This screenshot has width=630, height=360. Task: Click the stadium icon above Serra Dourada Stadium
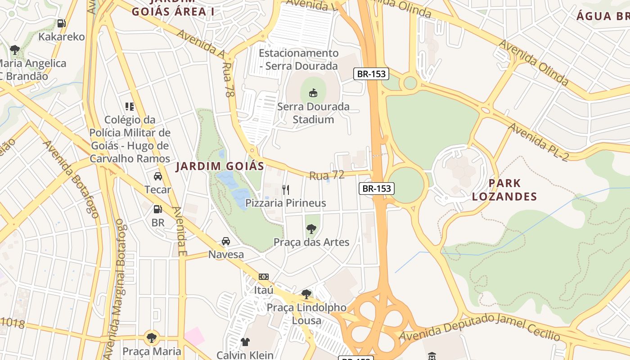pos(312,93)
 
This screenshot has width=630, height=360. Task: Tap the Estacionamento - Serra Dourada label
pos(298,59)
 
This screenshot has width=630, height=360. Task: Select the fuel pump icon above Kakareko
pos(61,23)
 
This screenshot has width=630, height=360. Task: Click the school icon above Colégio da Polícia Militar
pos(130,107)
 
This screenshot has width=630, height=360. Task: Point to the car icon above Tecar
pos(157,176)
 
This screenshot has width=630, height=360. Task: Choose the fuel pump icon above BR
pos(157,209)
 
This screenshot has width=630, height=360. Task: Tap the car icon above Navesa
pos(226,242)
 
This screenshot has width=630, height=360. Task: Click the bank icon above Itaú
pos(264,277)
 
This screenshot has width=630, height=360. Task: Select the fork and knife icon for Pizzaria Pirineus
pos(285,189)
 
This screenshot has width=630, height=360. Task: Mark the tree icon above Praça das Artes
pos(311,229)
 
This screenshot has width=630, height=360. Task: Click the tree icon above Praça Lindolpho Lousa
pos(306,294)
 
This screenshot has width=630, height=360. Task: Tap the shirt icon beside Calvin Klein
pos(245,342)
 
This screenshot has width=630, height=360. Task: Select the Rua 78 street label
pos(228,80)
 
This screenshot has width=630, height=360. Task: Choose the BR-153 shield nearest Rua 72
pos(377,189)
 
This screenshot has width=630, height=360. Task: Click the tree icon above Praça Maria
pos(152,337)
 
